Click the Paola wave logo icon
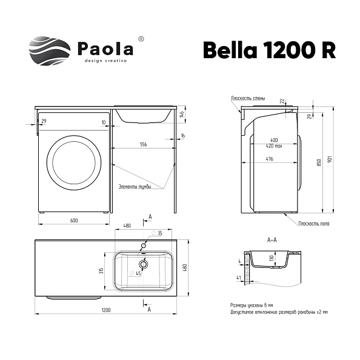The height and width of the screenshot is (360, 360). [x=49, y=52]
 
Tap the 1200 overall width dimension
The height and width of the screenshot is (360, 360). [x=106, y=310]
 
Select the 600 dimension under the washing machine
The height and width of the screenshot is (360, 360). [x=74, y=220]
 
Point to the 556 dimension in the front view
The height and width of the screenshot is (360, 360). [x=144, y=145]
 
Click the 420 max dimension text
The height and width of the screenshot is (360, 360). [x=274, y=146]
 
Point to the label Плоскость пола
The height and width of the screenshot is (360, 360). [x=313, y=223]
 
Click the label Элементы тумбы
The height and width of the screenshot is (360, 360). [x=134, y=186]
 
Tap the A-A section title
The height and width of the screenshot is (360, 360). [x=273, y=239]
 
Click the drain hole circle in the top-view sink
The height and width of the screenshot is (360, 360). [x=144, y=264]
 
